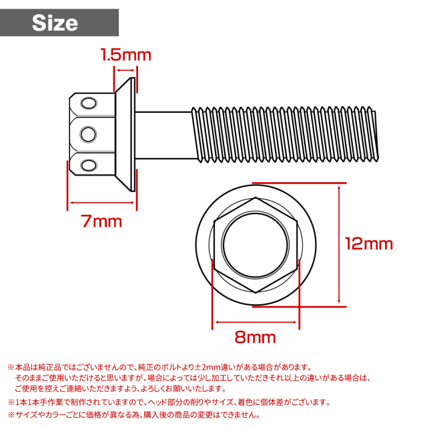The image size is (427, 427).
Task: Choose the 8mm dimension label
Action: pos(256,338)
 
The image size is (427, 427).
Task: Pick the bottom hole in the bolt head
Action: pos(87,163)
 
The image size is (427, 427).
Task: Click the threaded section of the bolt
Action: pos(287,133)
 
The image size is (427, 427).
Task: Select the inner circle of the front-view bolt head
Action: pos(256,244)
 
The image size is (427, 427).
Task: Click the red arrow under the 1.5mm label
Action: pos(125,69)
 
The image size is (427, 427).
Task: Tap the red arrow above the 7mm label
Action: pos(102,203)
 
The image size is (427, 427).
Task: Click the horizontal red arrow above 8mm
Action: pos(256,321)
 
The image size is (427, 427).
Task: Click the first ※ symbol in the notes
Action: pos(11,368)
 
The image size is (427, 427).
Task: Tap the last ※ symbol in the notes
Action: pos(11,414)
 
